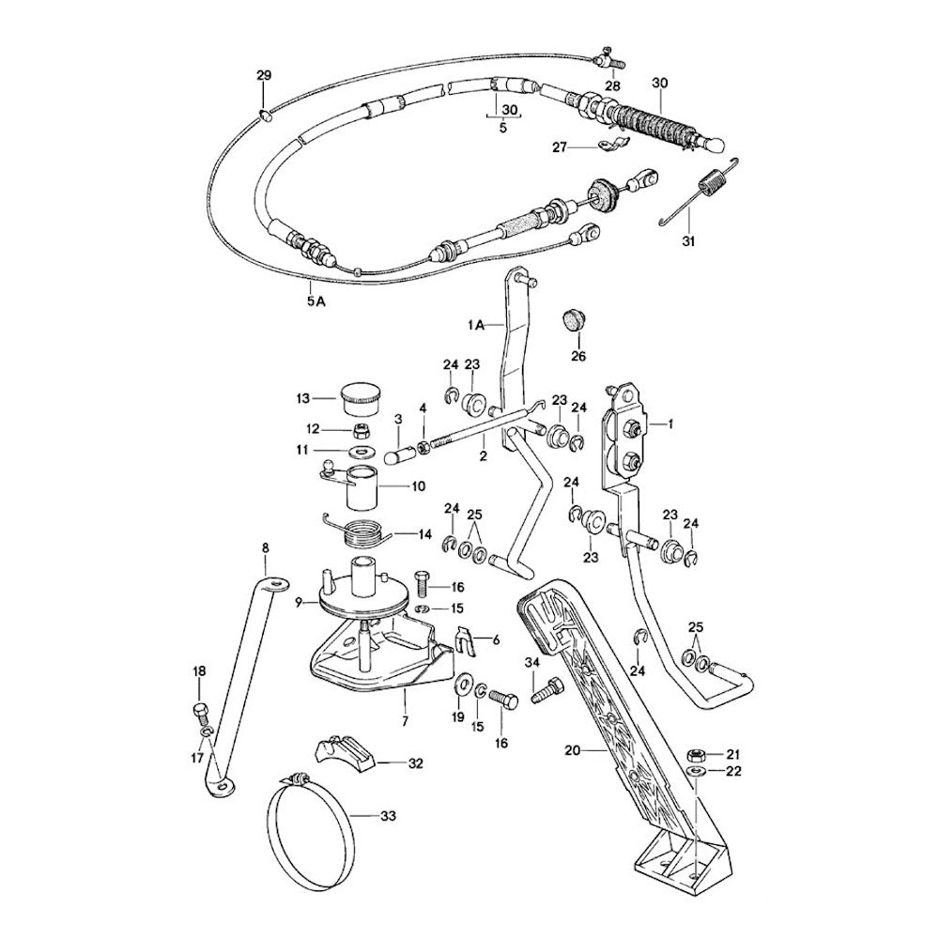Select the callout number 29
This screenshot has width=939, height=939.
pyautogui.click(x=264, y=75)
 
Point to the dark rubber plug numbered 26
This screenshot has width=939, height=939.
pyautogui.click(x=572, y=321)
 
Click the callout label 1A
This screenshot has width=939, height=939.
pyautogui.click(x=476, y=324)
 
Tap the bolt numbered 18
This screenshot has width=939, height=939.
pyautogui.click(x=199, y=709)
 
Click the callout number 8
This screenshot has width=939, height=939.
pyautogui.click(x=265, y=546)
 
